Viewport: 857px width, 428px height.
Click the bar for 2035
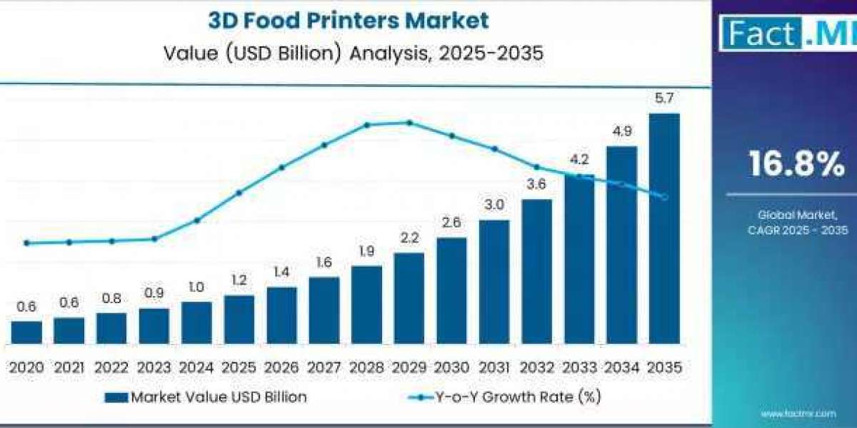(x=663, y=228)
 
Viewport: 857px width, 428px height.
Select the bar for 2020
(x=26, y=332)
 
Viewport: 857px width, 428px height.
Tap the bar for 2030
(x=451, y=291)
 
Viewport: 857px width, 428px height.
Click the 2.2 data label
(x=409, y=238)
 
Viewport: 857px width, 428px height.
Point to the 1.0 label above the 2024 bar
(x=196, y=287)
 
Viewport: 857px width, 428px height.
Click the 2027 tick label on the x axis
(x=324, y=367)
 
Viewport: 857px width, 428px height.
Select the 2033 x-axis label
(x=579, y=367)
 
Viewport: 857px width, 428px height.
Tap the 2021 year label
(x=69, y=367)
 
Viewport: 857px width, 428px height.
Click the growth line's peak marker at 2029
(x=409, y=123)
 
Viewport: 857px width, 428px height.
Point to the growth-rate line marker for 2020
(x=26, y=243)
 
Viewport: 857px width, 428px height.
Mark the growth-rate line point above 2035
(x=664, y=197)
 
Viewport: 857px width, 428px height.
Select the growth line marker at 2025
(x=239, y=193)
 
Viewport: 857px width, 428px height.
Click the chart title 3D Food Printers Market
(x=349, y=20)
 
